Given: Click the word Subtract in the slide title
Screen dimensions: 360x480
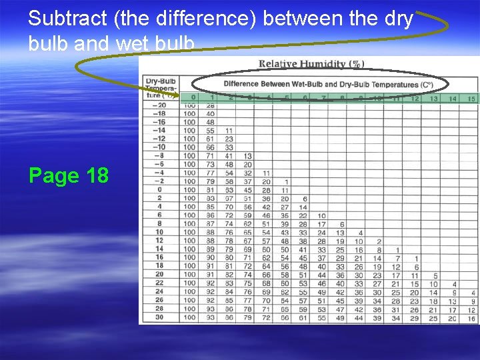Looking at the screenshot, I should (x=68, y=19).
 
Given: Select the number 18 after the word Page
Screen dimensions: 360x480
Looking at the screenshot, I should (x=97, y=175).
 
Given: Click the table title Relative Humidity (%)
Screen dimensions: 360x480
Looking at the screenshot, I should (x=311, y=65).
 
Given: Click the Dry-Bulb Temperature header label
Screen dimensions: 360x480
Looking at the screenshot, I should (x=159, y=87).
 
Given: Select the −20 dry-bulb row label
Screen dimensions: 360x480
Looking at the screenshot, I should (x=159, y=105).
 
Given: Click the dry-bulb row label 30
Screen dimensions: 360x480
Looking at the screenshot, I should (x=161, y=317).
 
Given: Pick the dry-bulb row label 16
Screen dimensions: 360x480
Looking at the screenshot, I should (x=161, y=257).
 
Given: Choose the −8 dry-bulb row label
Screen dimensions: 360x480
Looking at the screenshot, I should (x=159, y=156).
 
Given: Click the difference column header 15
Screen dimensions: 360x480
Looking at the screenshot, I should (x=471, y=99).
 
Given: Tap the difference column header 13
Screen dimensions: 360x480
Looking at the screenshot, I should (x=434, y=99).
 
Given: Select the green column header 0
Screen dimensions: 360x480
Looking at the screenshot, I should (x=193, y=98).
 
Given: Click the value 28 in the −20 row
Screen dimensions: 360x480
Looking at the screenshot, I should (x=210, y=105).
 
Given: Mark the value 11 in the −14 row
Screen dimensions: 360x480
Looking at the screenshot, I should (x=228, y=131).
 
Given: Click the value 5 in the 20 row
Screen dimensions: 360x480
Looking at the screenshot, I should (x=435, y=275).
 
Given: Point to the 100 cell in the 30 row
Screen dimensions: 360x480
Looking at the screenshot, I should (x=190, y=317).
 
